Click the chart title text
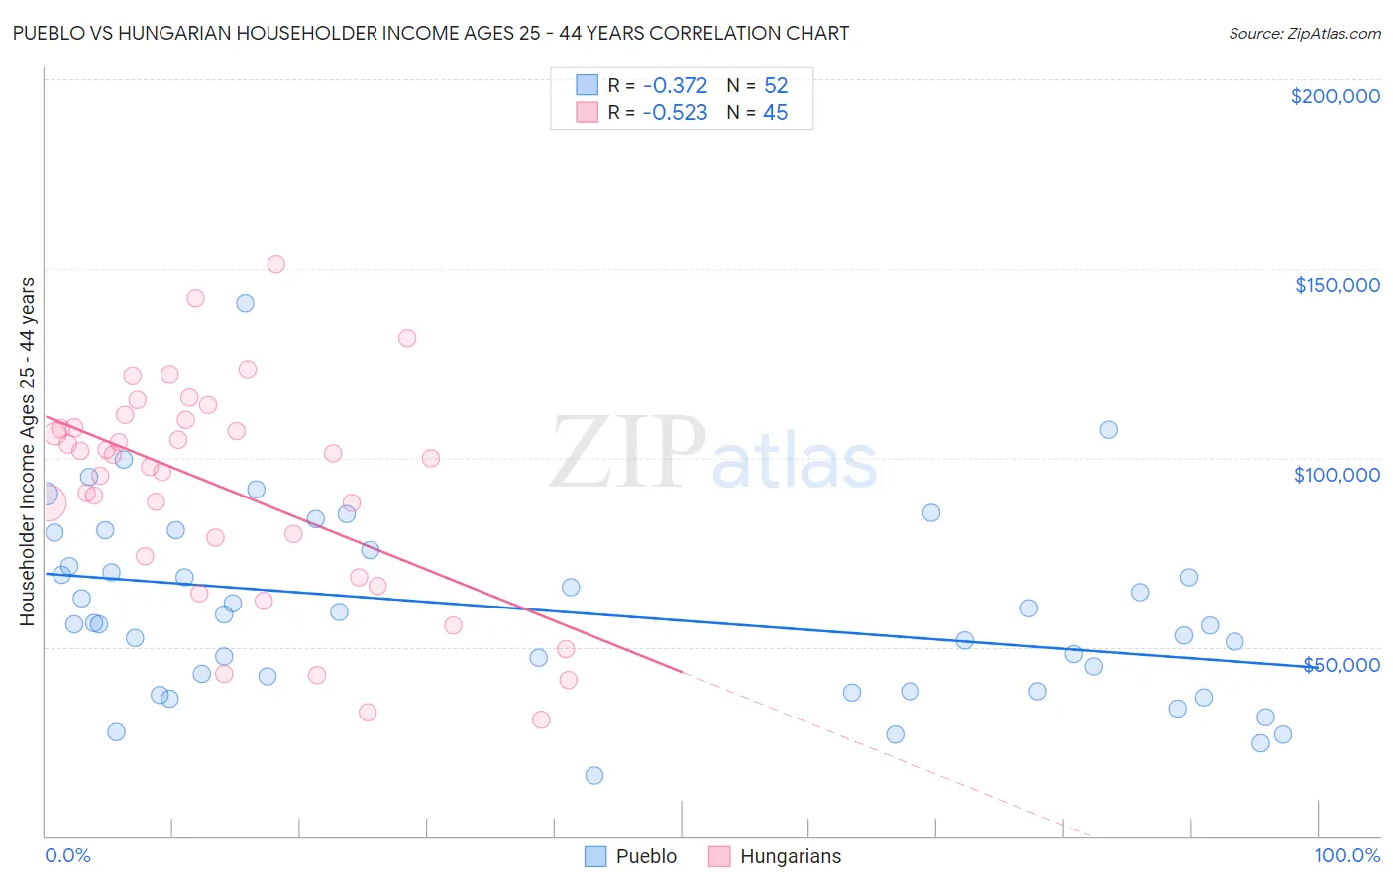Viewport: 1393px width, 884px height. tap(430, 33)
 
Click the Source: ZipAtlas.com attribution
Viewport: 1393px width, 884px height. tap(1304, 33)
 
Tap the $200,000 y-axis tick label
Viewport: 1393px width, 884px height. tap(1335, 96)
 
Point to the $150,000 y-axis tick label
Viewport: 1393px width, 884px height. tap(1337, 285)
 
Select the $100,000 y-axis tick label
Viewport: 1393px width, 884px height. tap(1337, 475)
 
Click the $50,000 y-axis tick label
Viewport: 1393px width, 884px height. tap(1340, 664)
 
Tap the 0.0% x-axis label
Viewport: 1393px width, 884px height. tap(67, 855)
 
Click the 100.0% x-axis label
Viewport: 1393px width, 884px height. tap(1346, 855)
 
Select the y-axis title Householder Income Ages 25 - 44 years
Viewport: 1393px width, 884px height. tap(27, 452)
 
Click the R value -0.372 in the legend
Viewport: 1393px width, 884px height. tap(675, 86)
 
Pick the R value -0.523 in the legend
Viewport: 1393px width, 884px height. tap(675, 113)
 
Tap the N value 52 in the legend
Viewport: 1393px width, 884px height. tap(776, 86)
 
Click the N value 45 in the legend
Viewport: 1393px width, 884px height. tap(775, 113)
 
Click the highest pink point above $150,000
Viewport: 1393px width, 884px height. tap(276, 264)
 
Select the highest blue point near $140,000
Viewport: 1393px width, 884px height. tap(245, 303)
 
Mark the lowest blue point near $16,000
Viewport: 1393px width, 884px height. tap(594, 775)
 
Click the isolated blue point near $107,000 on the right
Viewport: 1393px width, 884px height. tap(1108, 430)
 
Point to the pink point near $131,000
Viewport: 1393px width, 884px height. tap(407, 338)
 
